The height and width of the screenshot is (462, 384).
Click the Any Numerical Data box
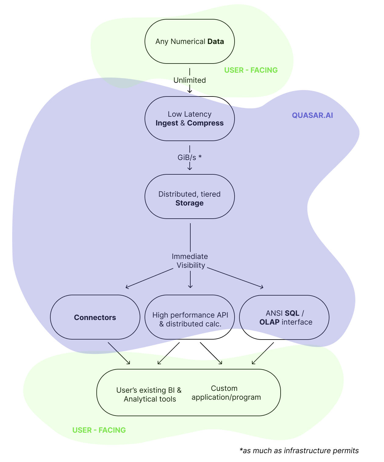pos(189,42)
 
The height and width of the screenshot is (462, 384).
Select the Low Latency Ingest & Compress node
pos(189,118)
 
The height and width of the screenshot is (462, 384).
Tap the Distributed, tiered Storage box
pos(189,196)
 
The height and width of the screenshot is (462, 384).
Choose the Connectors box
pos(95,317)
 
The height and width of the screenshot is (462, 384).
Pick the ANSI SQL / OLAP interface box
pos(284,317)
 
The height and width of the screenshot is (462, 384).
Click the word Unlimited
pos(189,80)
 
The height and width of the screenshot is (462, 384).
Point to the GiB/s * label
pos(189,158)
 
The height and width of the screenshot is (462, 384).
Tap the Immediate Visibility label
pos(190,261)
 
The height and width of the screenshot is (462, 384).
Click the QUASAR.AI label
pos(312,115)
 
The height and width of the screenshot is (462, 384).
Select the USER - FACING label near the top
pos(251,70)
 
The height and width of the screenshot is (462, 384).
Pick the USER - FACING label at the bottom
pos(99,430)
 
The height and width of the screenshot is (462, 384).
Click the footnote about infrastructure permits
pos(299,451)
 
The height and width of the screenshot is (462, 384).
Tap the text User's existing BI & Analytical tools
pos(149,395)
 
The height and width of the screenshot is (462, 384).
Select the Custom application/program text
pos(226,393)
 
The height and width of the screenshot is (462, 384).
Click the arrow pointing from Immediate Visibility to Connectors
pos(149,278)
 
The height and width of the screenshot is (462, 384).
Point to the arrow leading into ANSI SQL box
pos(235,278)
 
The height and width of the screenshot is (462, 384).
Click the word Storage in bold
pos(189,203)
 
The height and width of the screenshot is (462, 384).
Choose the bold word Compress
pos(205,123)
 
